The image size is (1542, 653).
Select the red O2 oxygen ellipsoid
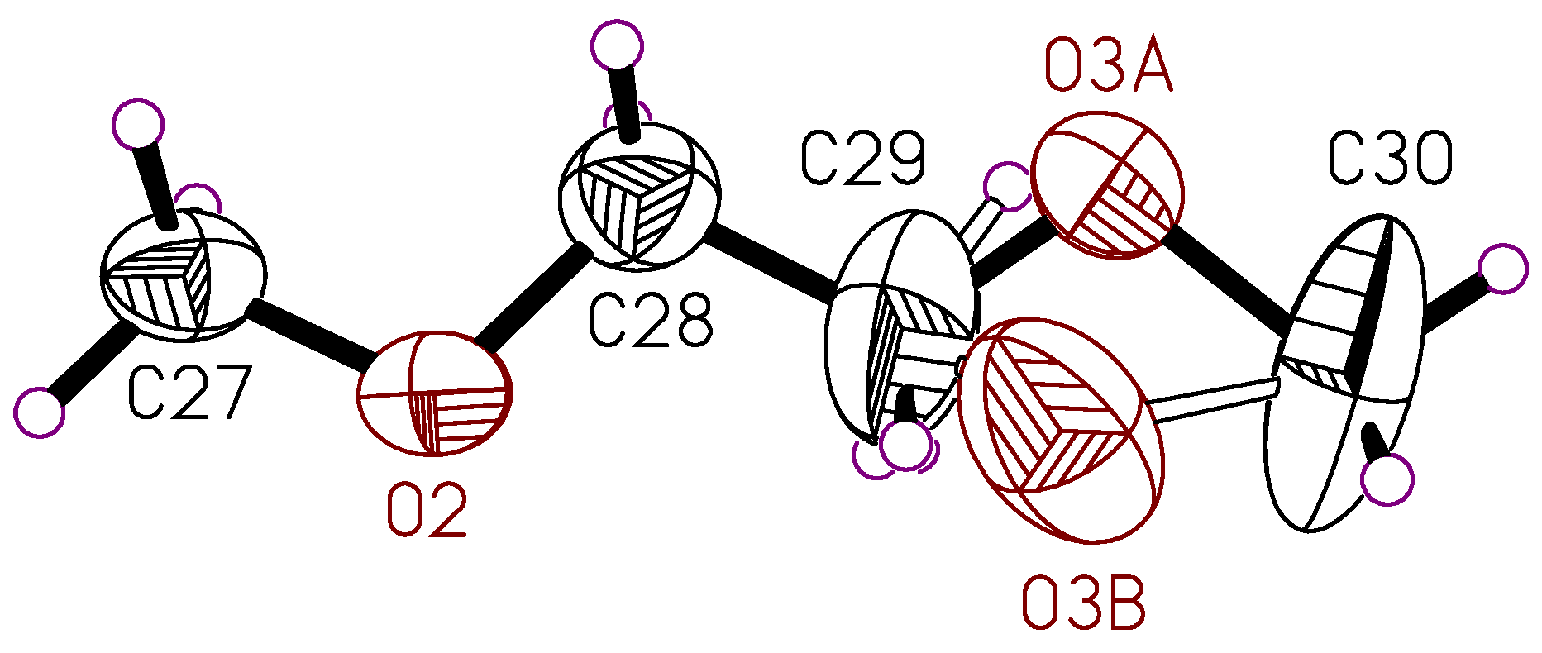tap(435, 393)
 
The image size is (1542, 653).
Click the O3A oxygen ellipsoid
tap(1109, 188)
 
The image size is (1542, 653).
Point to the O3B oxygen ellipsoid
tap(1060, 430)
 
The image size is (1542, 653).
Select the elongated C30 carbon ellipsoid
tap(1346, 372)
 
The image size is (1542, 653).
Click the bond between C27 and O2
tap(311, 339)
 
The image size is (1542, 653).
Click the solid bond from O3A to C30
tap(1224, 281)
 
